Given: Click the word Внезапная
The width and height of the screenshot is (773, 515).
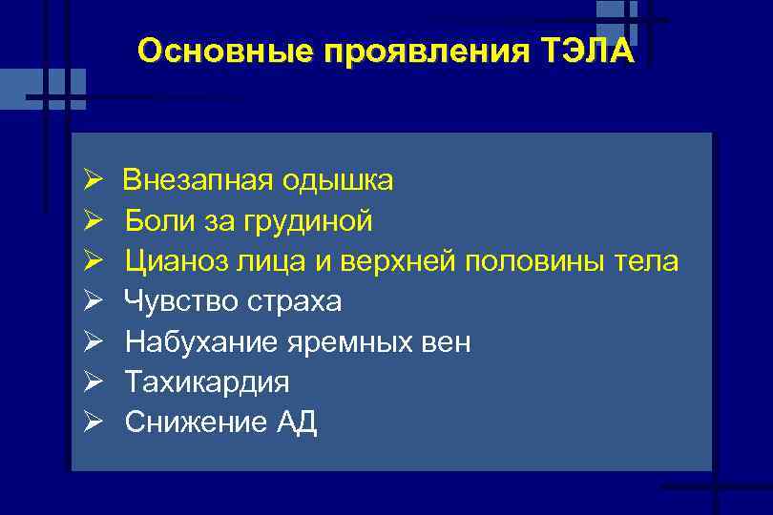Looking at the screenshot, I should coord(197,180).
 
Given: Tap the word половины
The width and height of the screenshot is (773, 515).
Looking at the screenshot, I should coord(529,260).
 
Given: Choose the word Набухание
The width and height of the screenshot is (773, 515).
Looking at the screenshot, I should coord(195,341).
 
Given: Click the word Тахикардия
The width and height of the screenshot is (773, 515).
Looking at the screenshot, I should coord(207,381).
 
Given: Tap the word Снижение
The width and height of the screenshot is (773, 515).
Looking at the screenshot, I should coord(185,422).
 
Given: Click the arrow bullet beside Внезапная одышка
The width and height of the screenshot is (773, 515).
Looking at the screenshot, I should coord(93,180).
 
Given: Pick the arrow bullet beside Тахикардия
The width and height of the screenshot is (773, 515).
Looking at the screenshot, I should coord(93,381).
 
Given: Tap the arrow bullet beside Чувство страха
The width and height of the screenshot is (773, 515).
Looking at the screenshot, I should coord(93,301).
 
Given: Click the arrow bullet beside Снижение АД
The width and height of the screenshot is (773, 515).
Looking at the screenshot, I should coord(93,422).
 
